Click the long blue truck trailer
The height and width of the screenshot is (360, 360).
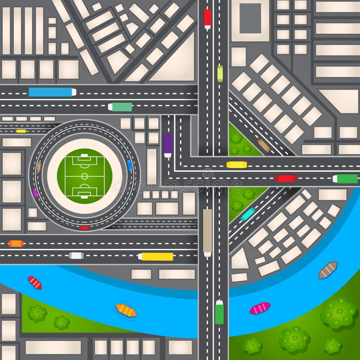(50, 92)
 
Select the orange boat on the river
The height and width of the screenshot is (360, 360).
(126, 310)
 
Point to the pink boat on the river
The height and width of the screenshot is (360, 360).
(260, 308)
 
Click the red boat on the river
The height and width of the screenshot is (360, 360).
(35, 283)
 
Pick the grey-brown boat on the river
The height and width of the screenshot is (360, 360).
(328, 270)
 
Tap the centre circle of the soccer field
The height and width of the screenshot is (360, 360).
(85, 176)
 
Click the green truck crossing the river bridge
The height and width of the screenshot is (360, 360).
(219, 312)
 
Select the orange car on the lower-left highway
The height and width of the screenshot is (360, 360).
(16, 243)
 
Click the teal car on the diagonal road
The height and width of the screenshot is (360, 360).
(248, 214)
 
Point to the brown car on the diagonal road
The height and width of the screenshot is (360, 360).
(264, 145)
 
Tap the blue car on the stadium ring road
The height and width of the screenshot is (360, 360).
(130, 165)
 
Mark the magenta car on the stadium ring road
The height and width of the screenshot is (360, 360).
(35, 193)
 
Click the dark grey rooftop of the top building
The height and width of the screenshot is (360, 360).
(250, 18)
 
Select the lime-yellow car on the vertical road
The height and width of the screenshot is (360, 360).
(220, 73)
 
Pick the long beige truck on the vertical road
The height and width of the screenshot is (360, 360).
(207, 231)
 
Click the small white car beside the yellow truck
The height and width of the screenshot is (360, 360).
(76, 256)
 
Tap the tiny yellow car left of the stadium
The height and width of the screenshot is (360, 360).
(21, 131)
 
